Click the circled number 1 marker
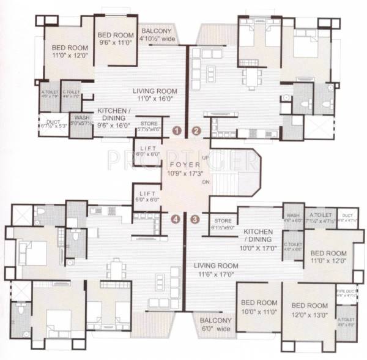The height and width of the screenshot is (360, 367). pyautogui.click(x=176, y=130)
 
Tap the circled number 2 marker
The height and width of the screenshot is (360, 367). pyautogui.click(x=196, y=130)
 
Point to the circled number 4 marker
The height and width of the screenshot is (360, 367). pyautogui.click(x=176, y=219)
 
